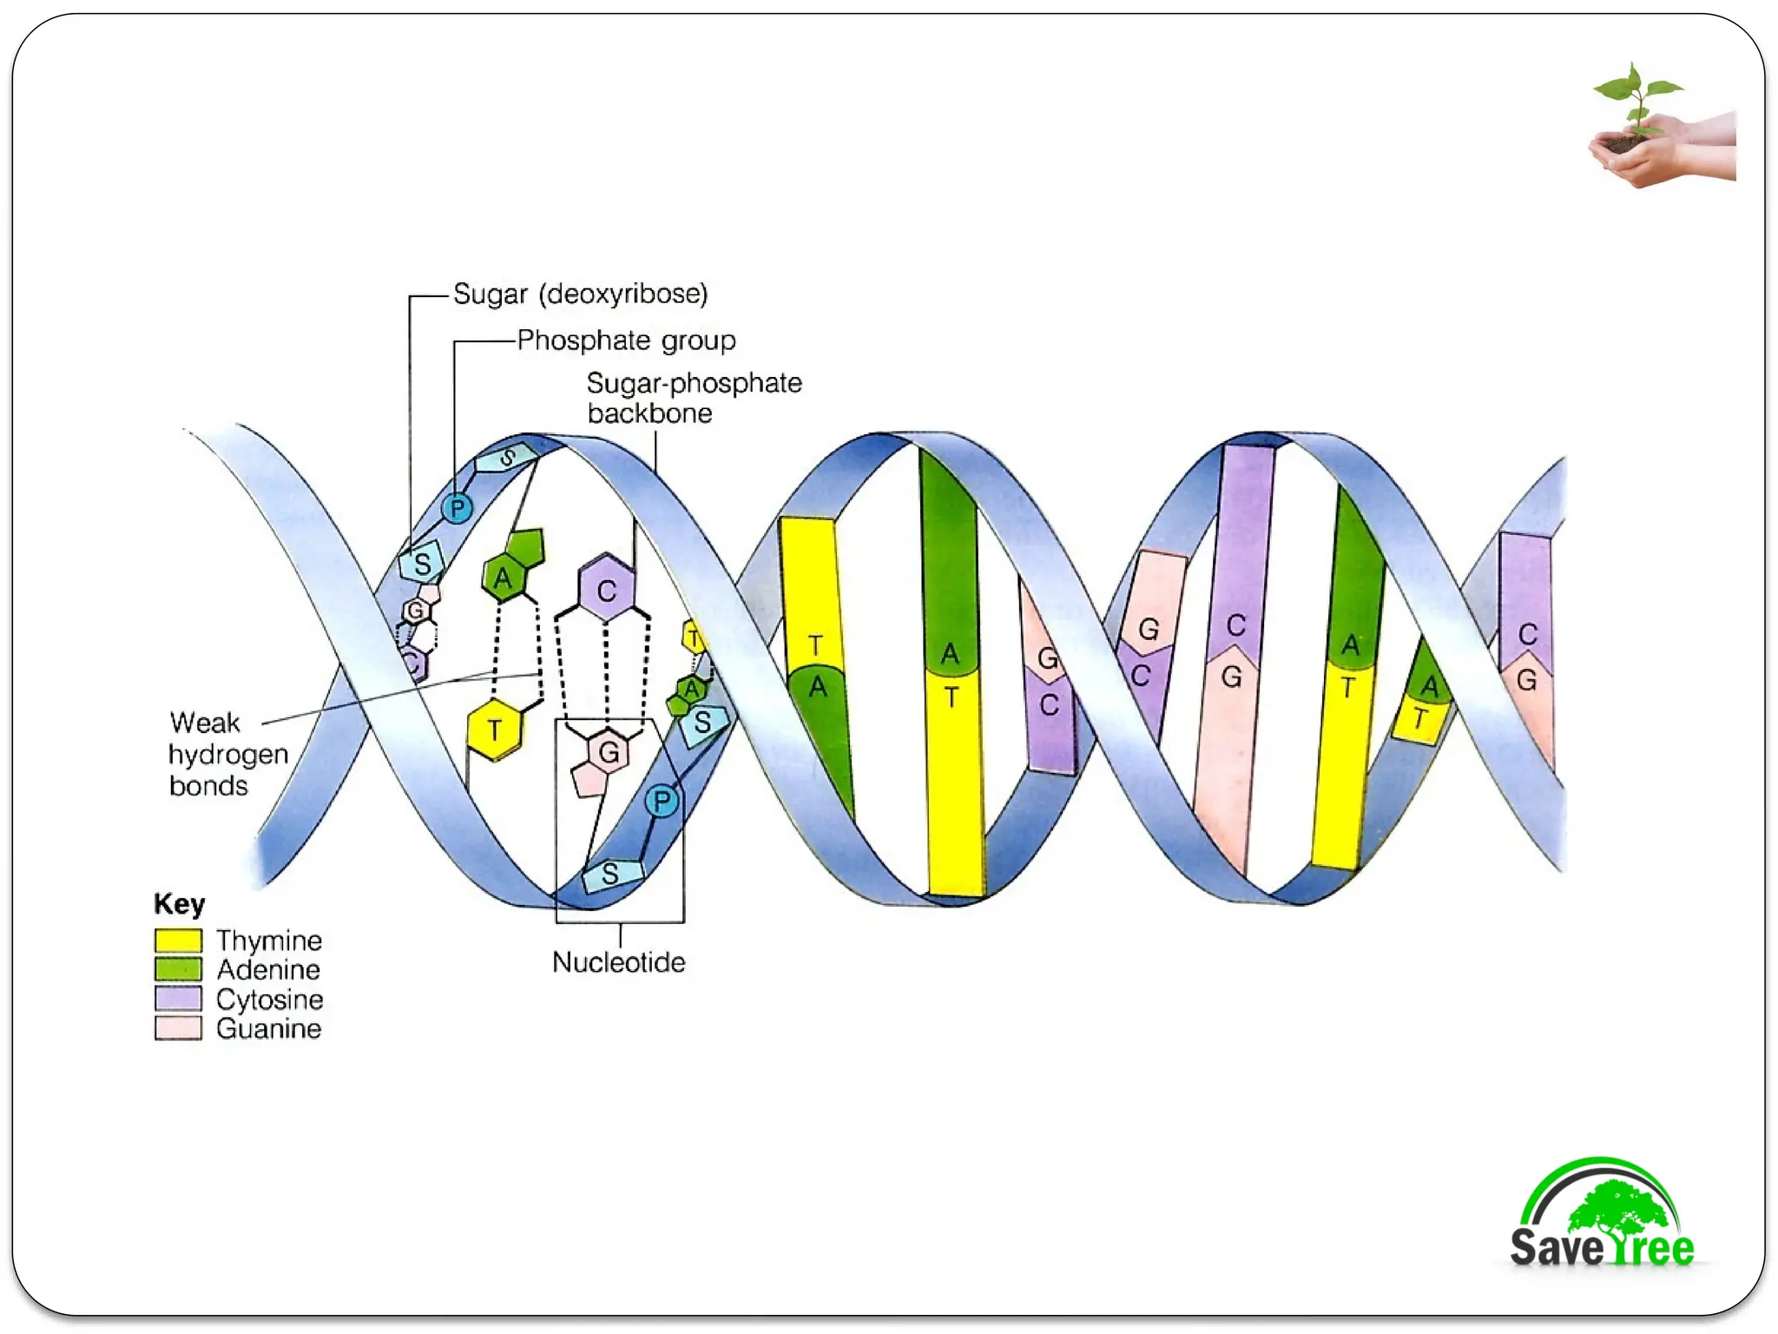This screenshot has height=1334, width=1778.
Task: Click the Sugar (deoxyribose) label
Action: [580, 294]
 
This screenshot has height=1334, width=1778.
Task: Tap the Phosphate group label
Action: [626, 340]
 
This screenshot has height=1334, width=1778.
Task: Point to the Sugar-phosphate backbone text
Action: [693, 398]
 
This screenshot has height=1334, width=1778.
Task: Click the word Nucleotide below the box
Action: [618, 962]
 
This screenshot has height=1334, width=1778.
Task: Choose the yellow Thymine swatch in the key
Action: [178, 941]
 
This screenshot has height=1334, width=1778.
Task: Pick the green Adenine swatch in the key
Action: [178, 969]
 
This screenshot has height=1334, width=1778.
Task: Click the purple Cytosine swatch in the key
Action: [178, 999]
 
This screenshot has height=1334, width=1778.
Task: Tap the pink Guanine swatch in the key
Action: [178, 1028]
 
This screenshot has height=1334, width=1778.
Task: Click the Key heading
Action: [179, 904]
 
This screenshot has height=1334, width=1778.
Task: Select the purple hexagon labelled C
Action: [606, 591]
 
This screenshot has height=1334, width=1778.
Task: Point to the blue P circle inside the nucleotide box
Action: [662, 801]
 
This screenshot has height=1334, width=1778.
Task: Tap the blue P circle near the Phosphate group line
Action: [457, 508]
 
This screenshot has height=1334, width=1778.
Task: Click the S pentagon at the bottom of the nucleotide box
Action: [611, 874]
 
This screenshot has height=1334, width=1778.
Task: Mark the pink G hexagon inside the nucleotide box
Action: [609, 752]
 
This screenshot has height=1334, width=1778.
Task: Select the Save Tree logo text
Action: [1602, 1247]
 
